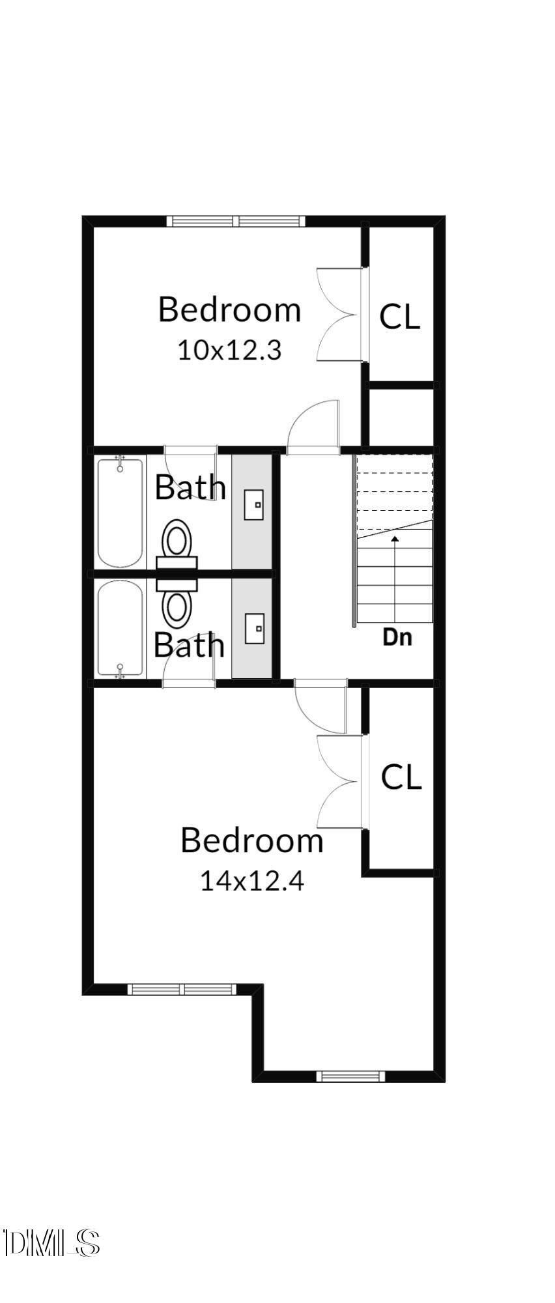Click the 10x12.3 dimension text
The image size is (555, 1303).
pos(229,351)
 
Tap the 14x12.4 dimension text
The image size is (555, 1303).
pos(252,881)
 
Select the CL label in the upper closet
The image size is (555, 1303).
pos(399,317)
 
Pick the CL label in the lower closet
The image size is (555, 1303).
pos(401,777)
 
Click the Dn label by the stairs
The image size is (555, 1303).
pos(397,637)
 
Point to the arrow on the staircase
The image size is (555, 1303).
pos(395,573)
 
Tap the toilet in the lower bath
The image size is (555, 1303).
pos(177,601)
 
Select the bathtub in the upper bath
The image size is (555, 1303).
pos(120,513)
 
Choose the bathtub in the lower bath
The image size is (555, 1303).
pos(120,629)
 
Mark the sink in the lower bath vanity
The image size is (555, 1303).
pos(254,628)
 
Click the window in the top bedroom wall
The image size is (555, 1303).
pos(236,222)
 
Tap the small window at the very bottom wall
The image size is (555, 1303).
pos(350,1076)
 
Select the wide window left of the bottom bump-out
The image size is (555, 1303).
pos(182,989)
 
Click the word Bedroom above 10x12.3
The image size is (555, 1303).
pos(229,309)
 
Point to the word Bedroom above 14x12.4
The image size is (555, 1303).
pos(252,840)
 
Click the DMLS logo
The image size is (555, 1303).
pos(51,1243)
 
